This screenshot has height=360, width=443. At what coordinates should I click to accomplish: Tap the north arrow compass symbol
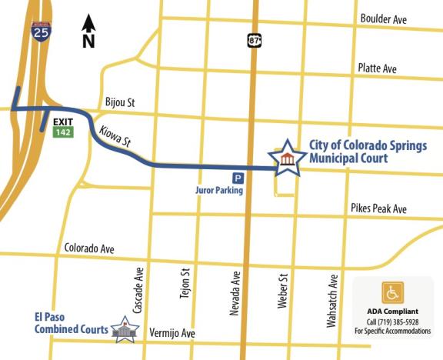88,31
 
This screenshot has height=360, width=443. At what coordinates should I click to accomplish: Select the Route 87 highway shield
254,39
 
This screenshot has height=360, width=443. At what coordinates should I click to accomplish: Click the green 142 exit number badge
62,132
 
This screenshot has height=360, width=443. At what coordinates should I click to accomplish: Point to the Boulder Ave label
385,19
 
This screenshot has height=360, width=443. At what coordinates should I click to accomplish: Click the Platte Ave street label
378,68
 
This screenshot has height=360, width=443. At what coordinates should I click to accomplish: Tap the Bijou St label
120,102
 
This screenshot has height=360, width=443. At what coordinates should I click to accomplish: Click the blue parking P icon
238,178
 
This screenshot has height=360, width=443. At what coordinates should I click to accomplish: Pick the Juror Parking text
218,190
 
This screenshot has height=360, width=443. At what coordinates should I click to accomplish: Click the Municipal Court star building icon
287,158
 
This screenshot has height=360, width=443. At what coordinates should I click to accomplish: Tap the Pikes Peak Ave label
378,208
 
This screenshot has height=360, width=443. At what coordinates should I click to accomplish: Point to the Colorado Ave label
89,248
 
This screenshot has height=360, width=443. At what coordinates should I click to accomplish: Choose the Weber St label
282,290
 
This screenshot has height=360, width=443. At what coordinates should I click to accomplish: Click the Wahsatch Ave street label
332,301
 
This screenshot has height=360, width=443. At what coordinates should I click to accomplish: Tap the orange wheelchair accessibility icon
392,293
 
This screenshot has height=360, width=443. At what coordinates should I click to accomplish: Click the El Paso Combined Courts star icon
124,330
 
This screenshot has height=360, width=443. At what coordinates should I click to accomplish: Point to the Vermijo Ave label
171,334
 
